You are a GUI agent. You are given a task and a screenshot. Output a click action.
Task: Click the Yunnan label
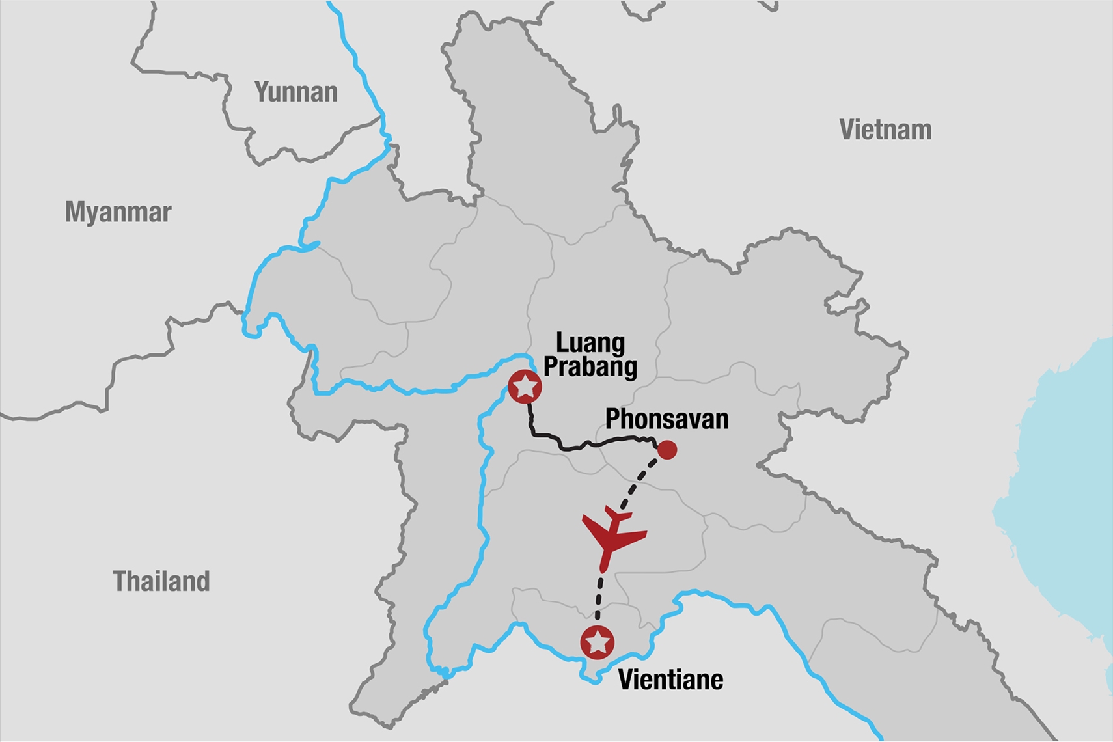tap(295, 92)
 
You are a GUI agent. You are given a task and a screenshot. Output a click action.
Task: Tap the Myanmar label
tap(118, 212)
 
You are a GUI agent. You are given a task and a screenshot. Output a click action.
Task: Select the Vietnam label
tap(885, 130)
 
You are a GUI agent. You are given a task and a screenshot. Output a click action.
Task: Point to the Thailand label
tap(161, 581)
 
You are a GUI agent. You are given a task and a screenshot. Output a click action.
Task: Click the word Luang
tap(590, 342)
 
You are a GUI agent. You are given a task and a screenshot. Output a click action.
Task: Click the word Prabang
tap(590, 366)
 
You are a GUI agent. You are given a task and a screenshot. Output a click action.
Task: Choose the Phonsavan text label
tap(666, 419)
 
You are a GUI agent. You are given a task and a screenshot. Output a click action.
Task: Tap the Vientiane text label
tap(670, 680)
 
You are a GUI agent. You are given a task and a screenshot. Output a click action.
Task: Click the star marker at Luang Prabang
tap(525, 387)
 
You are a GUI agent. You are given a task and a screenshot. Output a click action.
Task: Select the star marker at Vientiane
tap(598, 643)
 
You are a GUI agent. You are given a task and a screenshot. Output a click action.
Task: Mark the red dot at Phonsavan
tap(667, 450)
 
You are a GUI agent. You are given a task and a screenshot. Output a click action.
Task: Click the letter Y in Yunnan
tap(261, 92)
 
